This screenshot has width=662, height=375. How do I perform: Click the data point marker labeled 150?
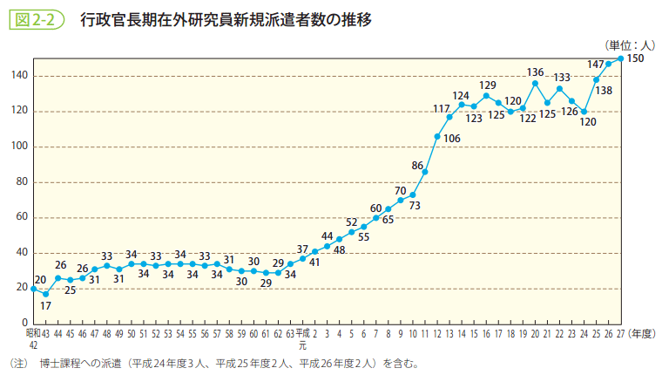(620, 58)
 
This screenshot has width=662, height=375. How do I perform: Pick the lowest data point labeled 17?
(45, 294)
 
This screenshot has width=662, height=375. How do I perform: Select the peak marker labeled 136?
(535, 83)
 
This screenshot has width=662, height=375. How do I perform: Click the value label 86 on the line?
(417, 166)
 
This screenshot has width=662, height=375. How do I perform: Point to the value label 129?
(488, 85)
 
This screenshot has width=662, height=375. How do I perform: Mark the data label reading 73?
(415, 206)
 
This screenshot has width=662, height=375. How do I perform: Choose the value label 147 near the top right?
(596, 64)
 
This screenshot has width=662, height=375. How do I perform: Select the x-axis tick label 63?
(290, 333)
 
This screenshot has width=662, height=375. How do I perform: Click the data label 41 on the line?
(314, 262)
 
